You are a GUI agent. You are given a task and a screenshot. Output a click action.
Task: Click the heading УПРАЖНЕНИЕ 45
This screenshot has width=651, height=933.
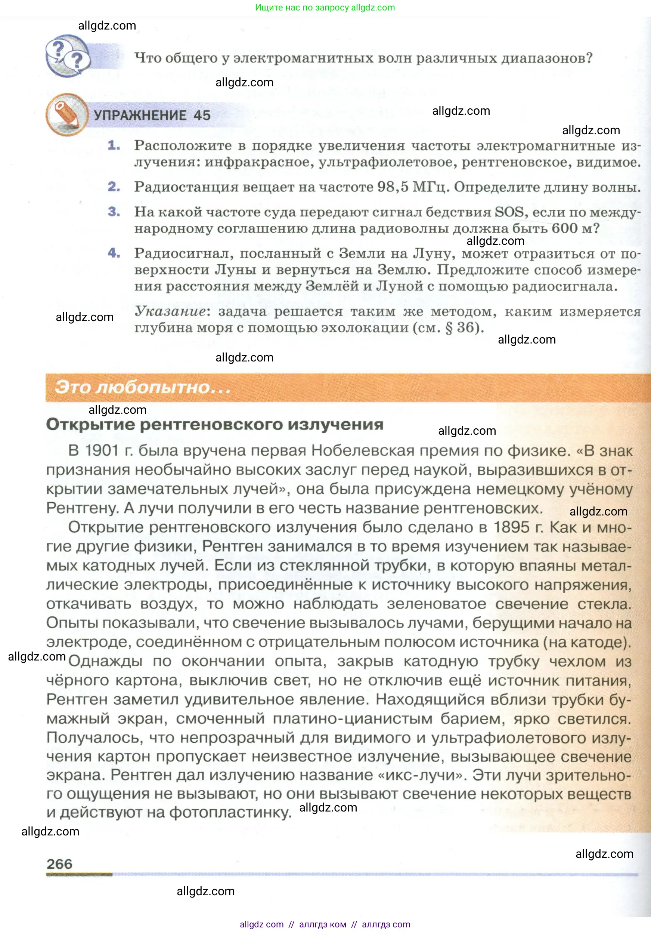click(x=152, y=116)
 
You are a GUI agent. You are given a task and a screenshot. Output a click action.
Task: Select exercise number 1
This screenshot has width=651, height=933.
click(x=114, y=145)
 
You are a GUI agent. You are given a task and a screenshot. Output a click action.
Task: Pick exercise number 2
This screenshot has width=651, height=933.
click(x=114, y=187)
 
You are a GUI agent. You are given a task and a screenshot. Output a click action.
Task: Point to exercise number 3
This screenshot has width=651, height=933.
click(x=114, y=211)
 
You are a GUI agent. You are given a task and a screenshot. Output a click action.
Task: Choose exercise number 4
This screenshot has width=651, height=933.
click(x=114, y=253)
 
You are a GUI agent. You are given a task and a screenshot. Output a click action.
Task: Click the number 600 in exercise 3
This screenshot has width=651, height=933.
click(x=564, y=228)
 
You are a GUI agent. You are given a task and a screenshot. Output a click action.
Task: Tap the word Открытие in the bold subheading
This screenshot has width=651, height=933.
click(x=90, y=424)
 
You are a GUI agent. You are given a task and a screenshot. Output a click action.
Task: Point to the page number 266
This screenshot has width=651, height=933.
click(x=59, y=864)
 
